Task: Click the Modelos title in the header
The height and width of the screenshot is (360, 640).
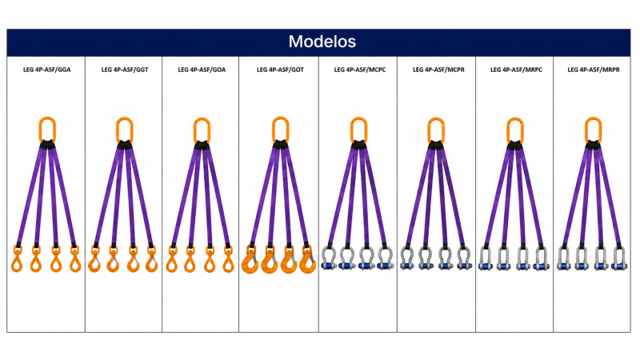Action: (x=322, y=42)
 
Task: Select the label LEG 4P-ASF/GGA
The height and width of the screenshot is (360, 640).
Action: (x=47, y=70)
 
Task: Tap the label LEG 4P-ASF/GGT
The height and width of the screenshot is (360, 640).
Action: (x=125, y=70)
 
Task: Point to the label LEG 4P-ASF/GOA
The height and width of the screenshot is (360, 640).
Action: (x=202, y=70)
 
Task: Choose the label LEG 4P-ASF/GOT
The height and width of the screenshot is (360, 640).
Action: (x=280, y=70)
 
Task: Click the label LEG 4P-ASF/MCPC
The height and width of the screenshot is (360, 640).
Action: (x=359, y=70)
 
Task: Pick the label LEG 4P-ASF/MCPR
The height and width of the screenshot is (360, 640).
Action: (x=438, y=70)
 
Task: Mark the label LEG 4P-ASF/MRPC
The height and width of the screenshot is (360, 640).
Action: (x=516, y=70)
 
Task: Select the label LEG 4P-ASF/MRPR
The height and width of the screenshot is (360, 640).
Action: (x=594, y=70)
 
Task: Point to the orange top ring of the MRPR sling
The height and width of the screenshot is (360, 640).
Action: (x=586, y=130)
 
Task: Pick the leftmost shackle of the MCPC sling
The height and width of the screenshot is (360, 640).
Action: (x=328, y=258)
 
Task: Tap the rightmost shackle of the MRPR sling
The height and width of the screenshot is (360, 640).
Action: (x=619, y=258)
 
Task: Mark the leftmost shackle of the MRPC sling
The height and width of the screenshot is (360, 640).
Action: (x=485, y=258)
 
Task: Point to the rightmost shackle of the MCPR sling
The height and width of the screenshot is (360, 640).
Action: (x=464, y=258)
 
